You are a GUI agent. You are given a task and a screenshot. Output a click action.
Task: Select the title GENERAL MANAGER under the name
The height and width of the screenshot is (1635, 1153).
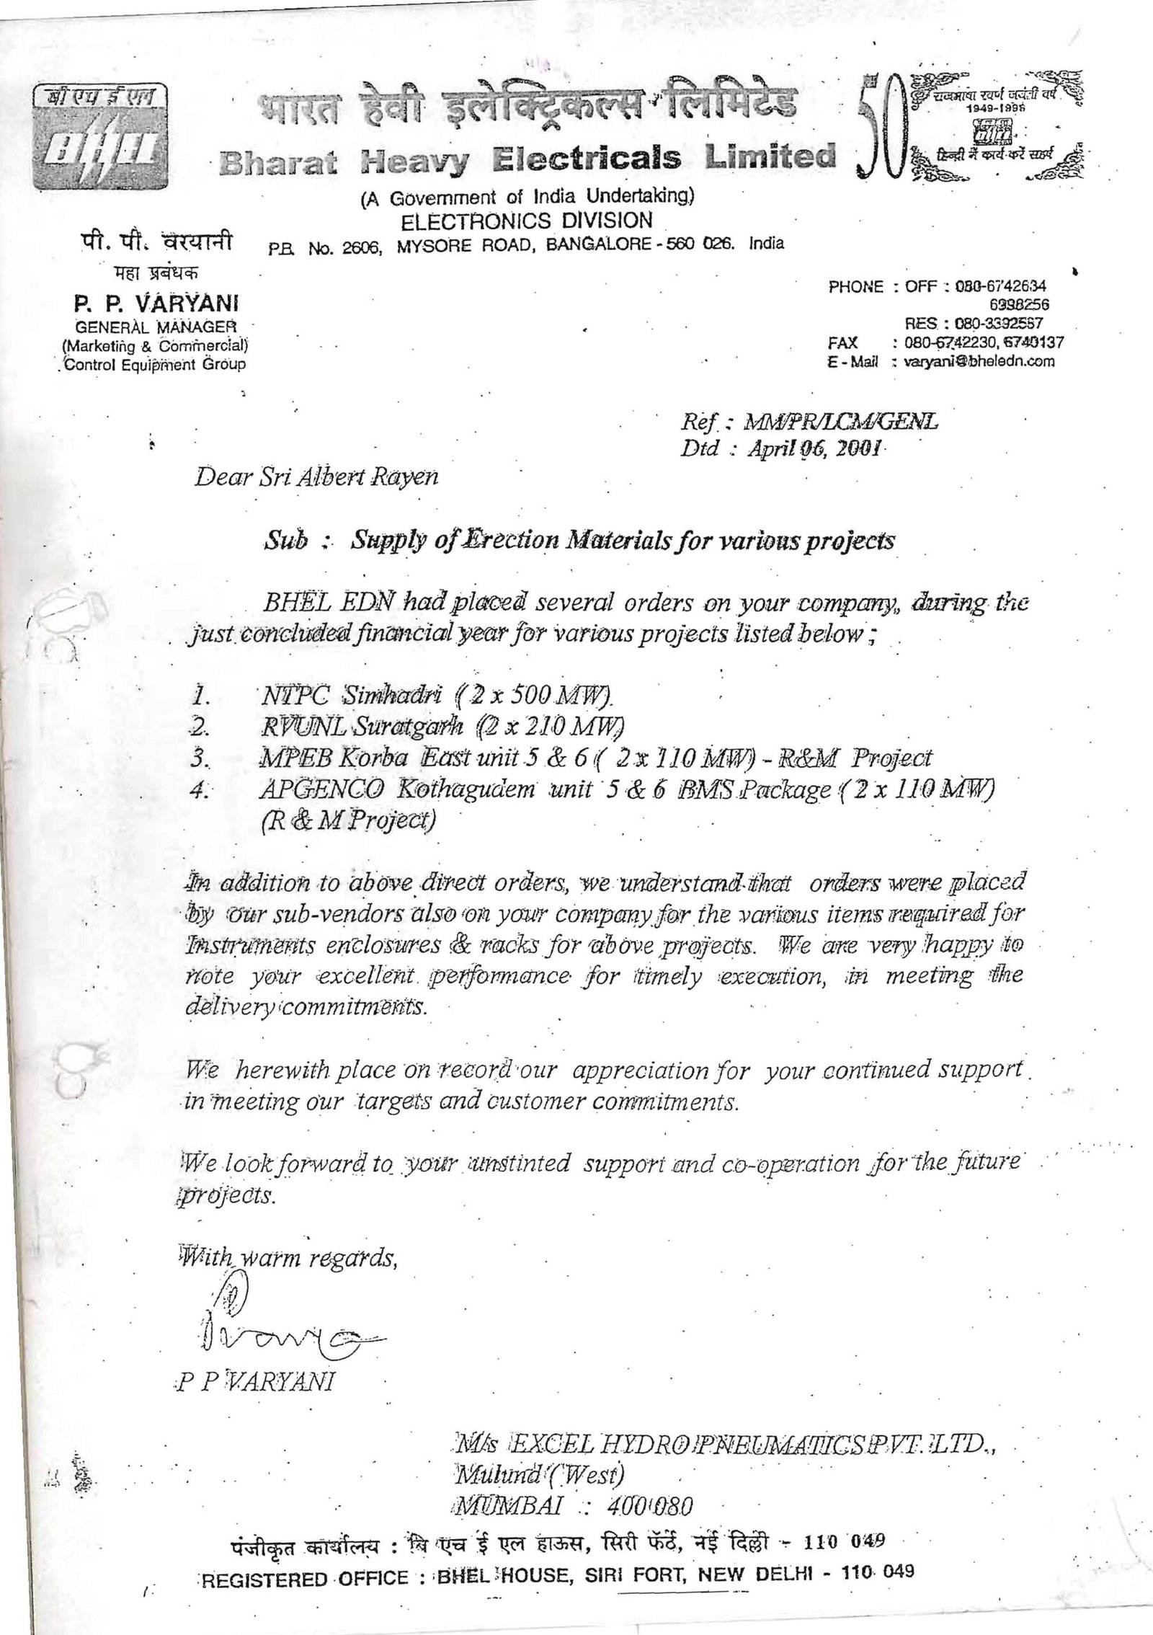(151, 326)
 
